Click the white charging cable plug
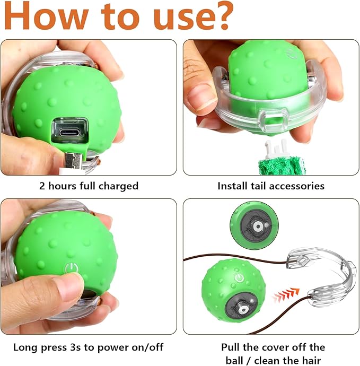(72, 159)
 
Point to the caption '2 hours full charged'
(89, 186)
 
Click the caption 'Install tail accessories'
(271, 186)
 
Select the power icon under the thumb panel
(70, 267)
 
